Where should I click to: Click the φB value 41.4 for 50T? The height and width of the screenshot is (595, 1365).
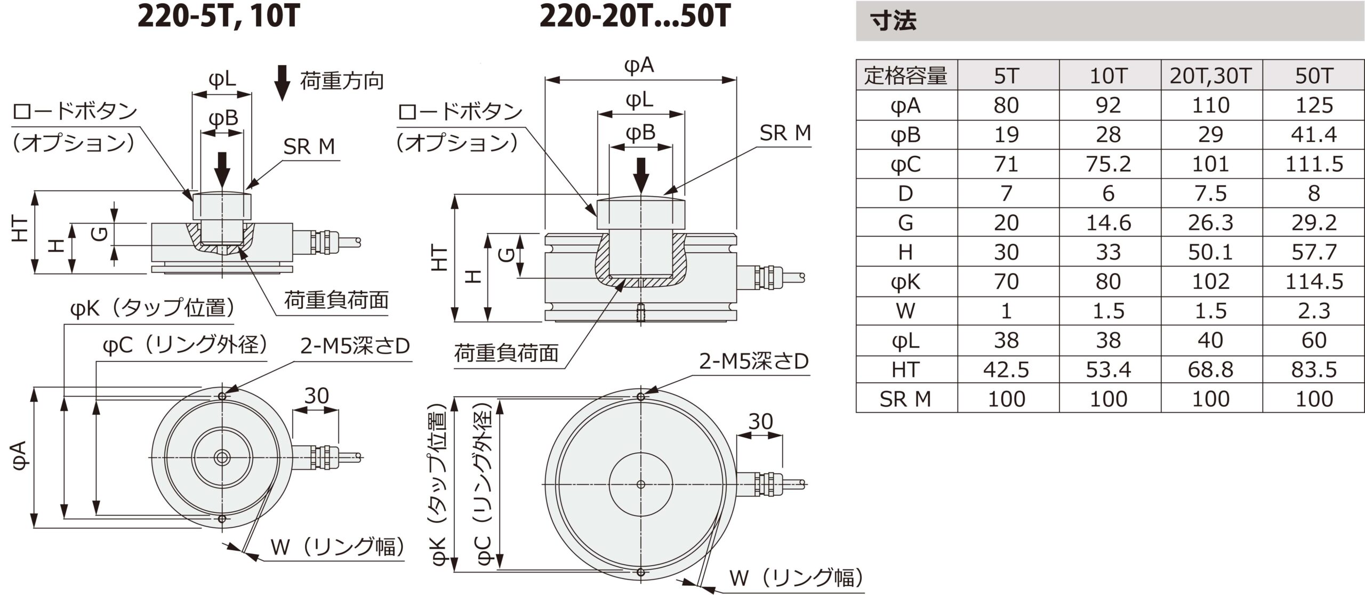pos(1313,135)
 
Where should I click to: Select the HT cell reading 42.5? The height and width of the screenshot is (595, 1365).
pos(1006,369)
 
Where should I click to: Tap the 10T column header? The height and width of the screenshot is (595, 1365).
pos(1109,76)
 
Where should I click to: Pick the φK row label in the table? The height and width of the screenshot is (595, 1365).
pos(905,282)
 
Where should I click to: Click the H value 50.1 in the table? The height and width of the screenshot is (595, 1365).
pos(1210,252)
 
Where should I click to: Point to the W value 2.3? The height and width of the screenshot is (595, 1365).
pos(1313,311)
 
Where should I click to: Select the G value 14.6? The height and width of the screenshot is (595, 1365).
pos(1109,223)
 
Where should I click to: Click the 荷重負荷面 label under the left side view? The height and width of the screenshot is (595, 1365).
pos(336,301)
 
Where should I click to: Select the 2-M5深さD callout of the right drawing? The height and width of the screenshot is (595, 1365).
pos(753,362)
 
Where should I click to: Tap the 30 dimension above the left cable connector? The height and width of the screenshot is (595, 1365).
pos(316,396)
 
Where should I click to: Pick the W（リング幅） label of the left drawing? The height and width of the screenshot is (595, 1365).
pos(338,547)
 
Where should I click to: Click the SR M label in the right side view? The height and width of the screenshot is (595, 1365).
pos(785,133)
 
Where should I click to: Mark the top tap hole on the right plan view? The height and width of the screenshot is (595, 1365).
pos(641,397)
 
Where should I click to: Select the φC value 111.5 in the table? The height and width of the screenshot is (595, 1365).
pos(1313,164)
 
